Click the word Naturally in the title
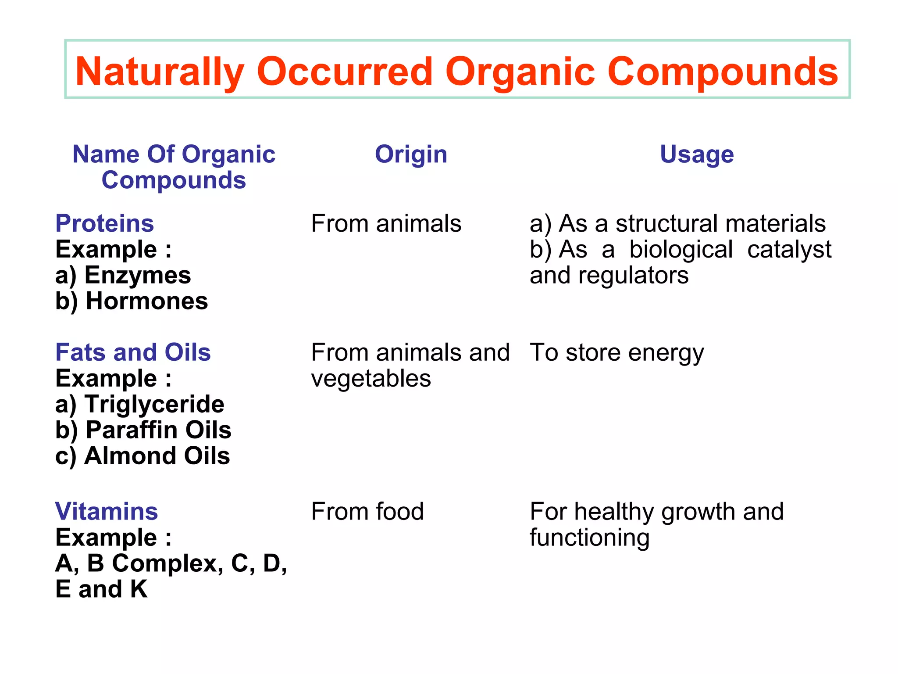pyautogui.click(x=160, y=72)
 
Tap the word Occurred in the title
pyautogui.click(x=345, y=72)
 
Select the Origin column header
pyautogui.click(x=411, y=154)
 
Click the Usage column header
pyautogui.click(x=697, y=154)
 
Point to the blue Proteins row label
pyautogui.click(x=104, y=223)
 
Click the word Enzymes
pyautogui.click(x=138, y=276)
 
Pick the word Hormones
pyautogui.click(x=147, y=301)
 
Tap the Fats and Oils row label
pyautogui.click(x=133, y=352)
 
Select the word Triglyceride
pyautogui.click(x=154, y=404)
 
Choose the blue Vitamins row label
pyautogui.click(x=107, y=512)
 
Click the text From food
pyautogui.click(x=367, y=512)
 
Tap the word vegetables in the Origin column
pyautogui.click(x=371, y=379)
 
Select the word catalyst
pyautogui.click(x=789, y=250)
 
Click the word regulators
pyautogui.click(x=633, y=276)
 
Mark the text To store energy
pyautogui.click(x=616, y=353)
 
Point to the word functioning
pyautogui.click(x=589, y=538)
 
